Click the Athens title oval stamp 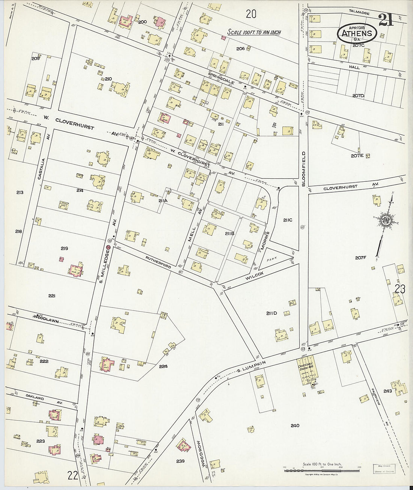coord(357,33)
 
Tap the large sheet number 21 coord(386,20)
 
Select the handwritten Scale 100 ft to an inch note coord(254,32)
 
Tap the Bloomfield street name coord(304,169)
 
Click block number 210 coord(109,79)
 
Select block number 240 coord(295,425)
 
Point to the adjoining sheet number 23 coord(400,289)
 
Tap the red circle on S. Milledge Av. coord(109,247)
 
